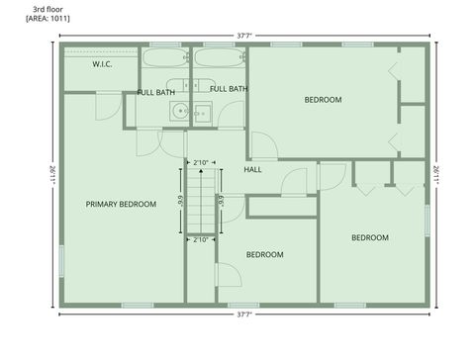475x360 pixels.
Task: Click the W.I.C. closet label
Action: [102, 64]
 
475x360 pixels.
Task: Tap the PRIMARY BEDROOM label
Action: [121, 205]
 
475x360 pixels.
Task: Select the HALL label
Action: [253, 169]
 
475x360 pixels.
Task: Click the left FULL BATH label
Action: [156, 92]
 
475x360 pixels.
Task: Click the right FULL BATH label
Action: [229, 89]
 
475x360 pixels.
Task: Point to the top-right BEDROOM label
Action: [323, 100]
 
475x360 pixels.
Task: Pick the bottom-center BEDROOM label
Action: [265, 255]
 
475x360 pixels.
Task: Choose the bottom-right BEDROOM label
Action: [369, 237]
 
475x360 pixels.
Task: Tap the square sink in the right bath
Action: [202, 112]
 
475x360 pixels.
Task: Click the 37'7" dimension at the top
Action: [244, 35]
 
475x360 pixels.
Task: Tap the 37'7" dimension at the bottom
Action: [244, 315]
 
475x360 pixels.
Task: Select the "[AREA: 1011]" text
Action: [48, 18]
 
